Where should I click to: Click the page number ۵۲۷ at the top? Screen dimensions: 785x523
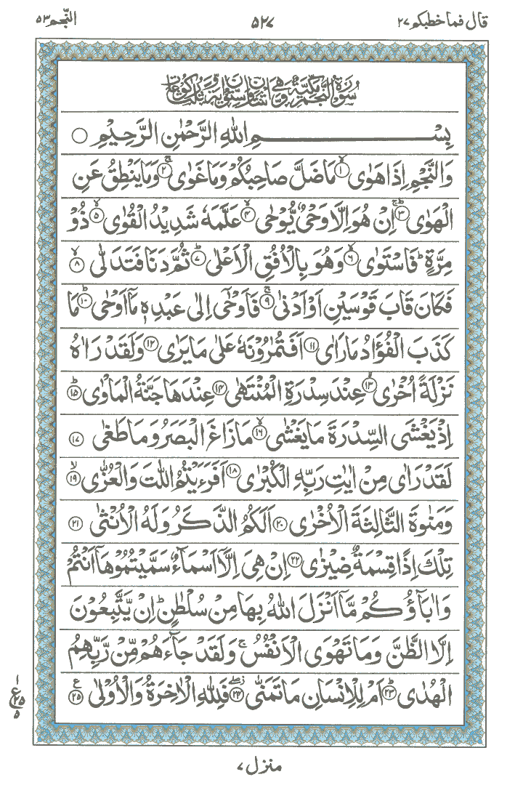[x=261, y=20]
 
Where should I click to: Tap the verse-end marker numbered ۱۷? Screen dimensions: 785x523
[x=78, y=422]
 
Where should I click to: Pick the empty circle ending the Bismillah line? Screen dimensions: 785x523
[x=80, y=136]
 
